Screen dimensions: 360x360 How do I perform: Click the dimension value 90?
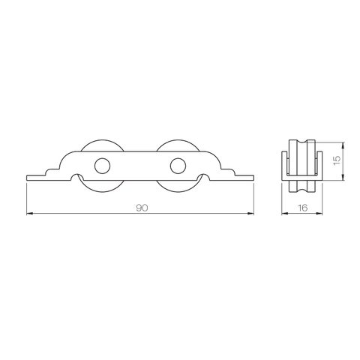[x=142, y=208]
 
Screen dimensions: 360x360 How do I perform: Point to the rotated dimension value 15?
[x=337, y=160]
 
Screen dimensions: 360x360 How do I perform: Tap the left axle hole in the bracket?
[x=100, y=165]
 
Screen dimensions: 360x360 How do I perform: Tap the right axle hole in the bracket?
[x=178, y=165]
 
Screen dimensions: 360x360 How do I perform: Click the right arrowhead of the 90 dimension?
[x=251, y=214]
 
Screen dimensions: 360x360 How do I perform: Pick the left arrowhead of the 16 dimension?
[x=284, y=214]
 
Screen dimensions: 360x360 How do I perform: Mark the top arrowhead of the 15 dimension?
[x=343, y=144]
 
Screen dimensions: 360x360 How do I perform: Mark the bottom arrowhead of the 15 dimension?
[x=343, y=176]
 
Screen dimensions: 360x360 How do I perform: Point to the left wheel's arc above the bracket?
[x=100, y=142]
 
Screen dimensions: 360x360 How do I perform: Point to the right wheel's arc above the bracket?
[x=178, y=142]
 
